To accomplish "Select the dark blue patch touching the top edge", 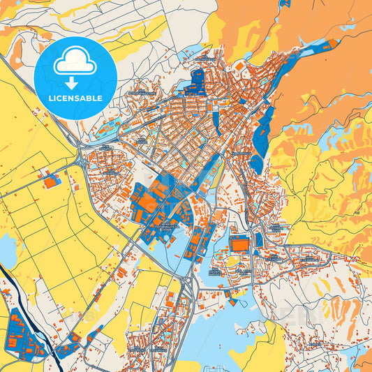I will coord(284,3).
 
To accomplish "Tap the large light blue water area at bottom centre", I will coord(230,328).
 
